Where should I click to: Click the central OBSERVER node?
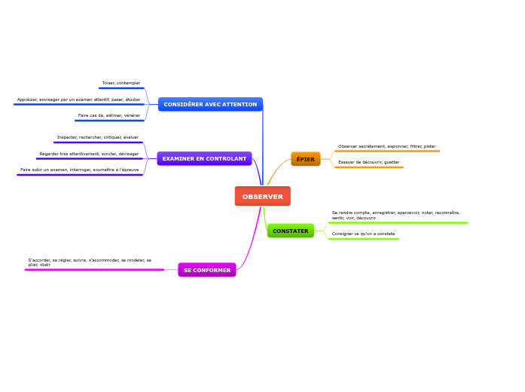coord(262,196)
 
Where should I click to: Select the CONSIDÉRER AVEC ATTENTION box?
coord(210,104)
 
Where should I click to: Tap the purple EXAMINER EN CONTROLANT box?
coord(204,158)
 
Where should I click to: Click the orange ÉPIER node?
coord(305,159)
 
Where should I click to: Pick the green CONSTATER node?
coord(290,231)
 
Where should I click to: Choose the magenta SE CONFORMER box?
coord(206,270)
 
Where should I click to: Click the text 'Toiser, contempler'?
coord(121,83)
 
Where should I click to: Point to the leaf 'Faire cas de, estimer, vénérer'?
coord(108,115)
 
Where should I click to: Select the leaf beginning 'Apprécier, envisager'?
coord(78,100)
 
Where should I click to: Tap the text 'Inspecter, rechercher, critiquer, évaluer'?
coord(97,138)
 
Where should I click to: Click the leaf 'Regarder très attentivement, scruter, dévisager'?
coord(89,154)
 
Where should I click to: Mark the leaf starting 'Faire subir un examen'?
coord(79,170)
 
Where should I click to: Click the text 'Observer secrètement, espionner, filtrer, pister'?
coord(386,146)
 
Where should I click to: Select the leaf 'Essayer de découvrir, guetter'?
coord(368,162)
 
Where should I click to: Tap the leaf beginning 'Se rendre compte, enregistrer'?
coord(395,215)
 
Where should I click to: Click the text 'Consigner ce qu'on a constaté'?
coord(363,234)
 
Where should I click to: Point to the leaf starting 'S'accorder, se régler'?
coord(90,262)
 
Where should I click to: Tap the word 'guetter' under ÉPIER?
coord(392,162)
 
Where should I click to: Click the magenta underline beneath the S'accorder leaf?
coord(94,269)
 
